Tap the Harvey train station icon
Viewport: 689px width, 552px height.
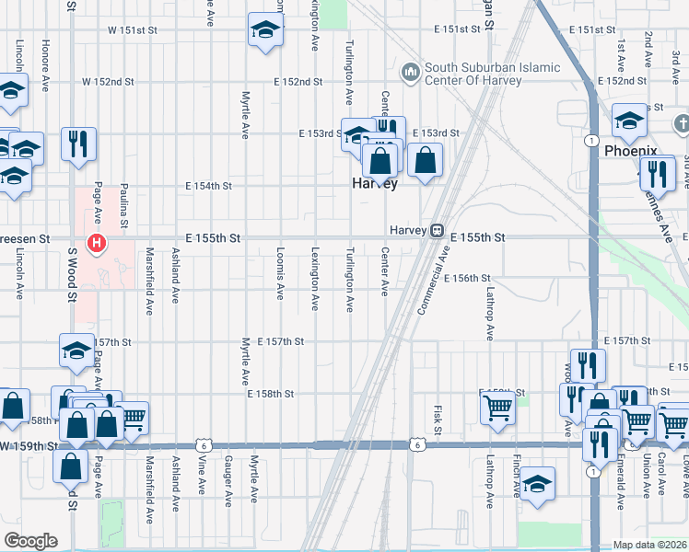coord(438,230)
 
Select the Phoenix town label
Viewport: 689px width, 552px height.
coord(630,151)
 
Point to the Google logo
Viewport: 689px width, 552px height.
coord(30,540)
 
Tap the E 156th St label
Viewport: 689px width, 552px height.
coord(467,278)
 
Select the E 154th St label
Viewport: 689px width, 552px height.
coord(209,186)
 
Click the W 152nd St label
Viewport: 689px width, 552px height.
coord(108,82)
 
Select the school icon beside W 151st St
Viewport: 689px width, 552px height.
coord(265,31)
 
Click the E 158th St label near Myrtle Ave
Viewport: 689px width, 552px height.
coord(270,394)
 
